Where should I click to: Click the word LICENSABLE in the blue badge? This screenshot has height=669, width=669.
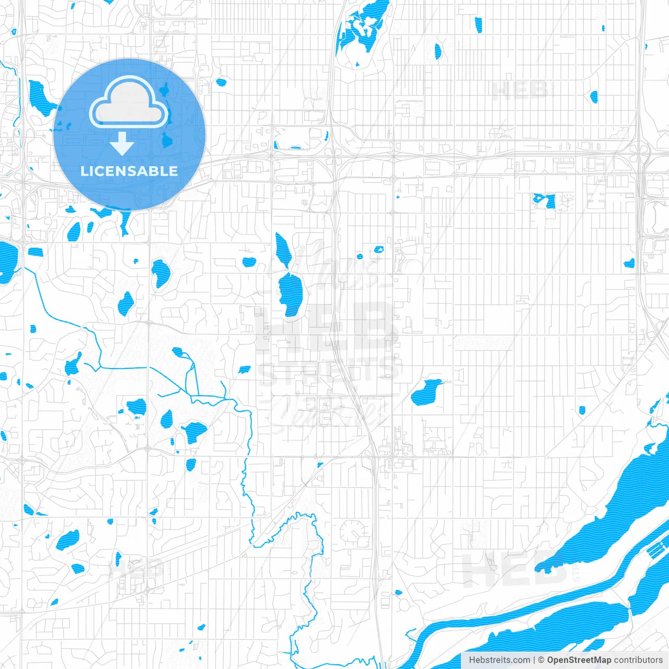coord(129,171)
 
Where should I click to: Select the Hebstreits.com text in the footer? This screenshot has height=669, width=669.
coord(500,660)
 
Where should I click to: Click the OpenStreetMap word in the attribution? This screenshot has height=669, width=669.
coord(579,660)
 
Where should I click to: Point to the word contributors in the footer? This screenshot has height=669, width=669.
coord(638,660)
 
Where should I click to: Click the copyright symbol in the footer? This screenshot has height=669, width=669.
coord(541,660)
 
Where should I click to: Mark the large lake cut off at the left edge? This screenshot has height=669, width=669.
coord(7,261)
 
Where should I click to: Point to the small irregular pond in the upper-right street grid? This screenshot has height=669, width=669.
coord(544,200)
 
